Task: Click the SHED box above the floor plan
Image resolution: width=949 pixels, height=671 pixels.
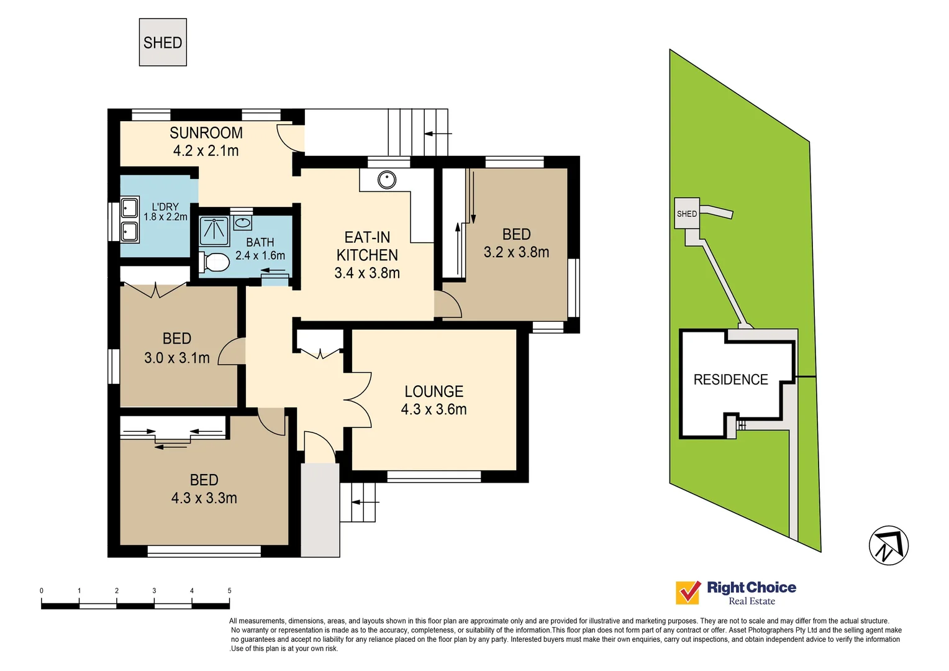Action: pos(163,42)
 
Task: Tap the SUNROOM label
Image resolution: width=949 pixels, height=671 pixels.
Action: pos(206,133)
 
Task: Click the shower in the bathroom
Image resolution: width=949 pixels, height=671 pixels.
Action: pos(214,231)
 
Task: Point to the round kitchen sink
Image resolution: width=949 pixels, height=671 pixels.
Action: pos(387,180)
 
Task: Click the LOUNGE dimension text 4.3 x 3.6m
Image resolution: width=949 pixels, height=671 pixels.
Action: pos(434,409)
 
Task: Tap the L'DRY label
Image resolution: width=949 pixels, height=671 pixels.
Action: pos(165,207)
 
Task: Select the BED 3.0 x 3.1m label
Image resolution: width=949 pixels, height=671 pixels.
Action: pos(177,348)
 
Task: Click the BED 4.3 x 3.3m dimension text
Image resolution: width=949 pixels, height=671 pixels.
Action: pos(204,498)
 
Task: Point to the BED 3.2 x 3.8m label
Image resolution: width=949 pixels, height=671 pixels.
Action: pos(516,243)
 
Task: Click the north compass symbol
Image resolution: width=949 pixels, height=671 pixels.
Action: pos(888,545)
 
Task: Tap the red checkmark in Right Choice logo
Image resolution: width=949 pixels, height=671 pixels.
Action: pos(688,593)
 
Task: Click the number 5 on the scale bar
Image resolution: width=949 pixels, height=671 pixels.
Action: pos(229,591)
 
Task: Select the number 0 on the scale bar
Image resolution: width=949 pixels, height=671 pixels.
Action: pos(42,591)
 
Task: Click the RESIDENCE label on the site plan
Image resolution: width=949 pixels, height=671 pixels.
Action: pos(730,380)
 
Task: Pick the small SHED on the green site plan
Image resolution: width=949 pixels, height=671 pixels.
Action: pos(686,214)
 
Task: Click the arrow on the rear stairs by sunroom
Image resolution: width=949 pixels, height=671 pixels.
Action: pos(438,134)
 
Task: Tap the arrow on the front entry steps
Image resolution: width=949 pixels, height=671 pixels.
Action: pos(365,501)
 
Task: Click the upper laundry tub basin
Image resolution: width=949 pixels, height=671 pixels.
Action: pos(129,207)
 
